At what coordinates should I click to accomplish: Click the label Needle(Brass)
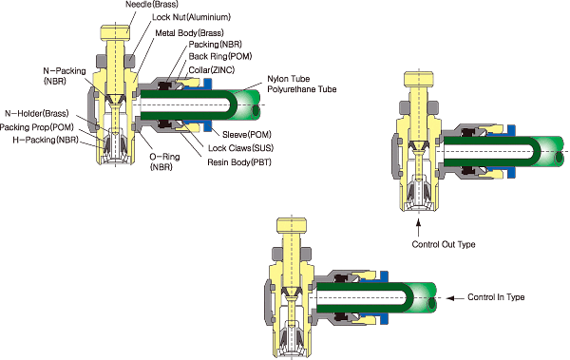click(152, 5)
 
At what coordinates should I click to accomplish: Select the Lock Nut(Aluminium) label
click(191, 17)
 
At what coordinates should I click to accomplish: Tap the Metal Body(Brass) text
click(189, 33)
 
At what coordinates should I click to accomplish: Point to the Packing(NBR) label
click(216, 45)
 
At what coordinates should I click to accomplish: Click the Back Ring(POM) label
click(220, 56)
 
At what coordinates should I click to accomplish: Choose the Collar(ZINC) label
click(212, 70)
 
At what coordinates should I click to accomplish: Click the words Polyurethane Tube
click(302, 89)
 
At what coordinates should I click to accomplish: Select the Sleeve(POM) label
click(247, 135)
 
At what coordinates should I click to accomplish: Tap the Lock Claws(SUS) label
click(240, 148)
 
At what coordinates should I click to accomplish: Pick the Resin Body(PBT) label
click(239, 162)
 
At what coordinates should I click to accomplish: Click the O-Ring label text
click(164, 157)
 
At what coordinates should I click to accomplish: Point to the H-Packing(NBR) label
click(46, 140)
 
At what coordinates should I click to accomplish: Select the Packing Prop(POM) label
click(37, 127)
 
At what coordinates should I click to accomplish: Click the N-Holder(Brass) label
click(37, 114)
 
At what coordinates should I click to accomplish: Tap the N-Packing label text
click(65, 71)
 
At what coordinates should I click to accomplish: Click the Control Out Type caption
click(444, 244)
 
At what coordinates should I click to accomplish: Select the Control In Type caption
click(496, 297)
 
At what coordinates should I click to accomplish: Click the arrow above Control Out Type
click(418, 227)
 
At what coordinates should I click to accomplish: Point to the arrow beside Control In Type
click(455, 298)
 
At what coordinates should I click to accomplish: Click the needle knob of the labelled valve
click(115, 32)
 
